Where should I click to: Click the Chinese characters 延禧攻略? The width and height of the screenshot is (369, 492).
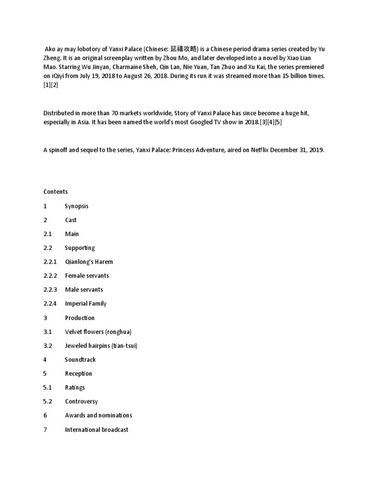184,49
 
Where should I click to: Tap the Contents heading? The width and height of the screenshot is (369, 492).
56,192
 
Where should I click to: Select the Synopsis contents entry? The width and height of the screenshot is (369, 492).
77,206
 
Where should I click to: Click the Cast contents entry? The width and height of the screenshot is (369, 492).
71,220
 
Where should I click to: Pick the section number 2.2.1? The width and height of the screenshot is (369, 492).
50,262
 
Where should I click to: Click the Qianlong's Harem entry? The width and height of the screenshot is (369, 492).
89,262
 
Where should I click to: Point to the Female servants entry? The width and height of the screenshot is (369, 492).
87,276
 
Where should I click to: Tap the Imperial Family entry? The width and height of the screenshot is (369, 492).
86,304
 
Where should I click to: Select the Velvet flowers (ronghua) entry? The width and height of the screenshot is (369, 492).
98,332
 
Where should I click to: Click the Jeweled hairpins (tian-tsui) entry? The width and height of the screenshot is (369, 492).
101,346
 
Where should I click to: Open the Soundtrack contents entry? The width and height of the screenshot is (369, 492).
80,360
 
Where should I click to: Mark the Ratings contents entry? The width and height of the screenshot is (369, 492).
75,388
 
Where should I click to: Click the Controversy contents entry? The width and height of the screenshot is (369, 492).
81,402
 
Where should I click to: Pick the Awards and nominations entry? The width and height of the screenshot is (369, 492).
98,416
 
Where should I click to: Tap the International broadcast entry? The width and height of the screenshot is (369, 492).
97,430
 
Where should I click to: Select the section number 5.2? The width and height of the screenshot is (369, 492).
47,402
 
